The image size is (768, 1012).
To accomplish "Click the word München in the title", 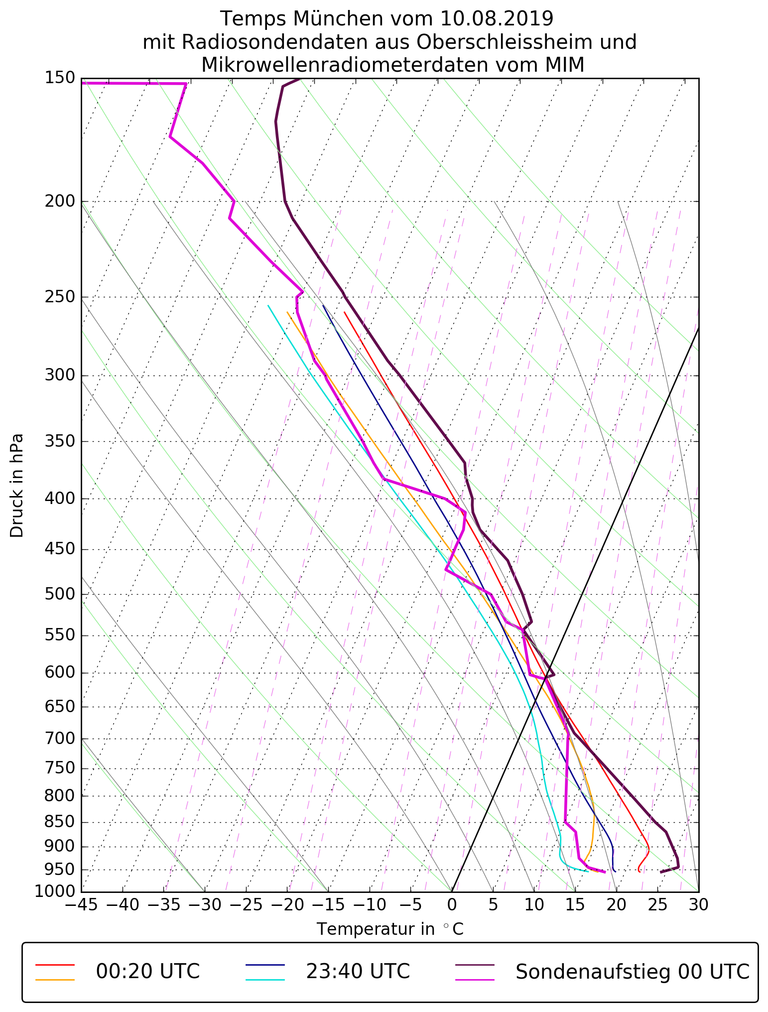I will click(338, 19).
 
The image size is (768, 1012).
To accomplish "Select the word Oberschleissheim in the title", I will click(509, 42).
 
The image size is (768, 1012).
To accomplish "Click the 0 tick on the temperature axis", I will click(452, 904).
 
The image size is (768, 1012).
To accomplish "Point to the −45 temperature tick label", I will click(81, 904).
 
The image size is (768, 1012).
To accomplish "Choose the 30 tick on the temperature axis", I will click(698, 904).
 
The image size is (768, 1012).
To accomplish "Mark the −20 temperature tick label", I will click(286, 904).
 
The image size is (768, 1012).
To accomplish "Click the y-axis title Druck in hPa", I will click(17, 486).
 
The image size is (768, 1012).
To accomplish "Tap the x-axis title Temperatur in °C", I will click(390, 929).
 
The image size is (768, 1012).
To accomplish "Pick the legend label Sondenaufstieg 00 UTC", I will click(632, 972).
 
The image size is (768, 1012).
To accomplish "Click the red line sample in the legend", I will click(55, 965).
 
